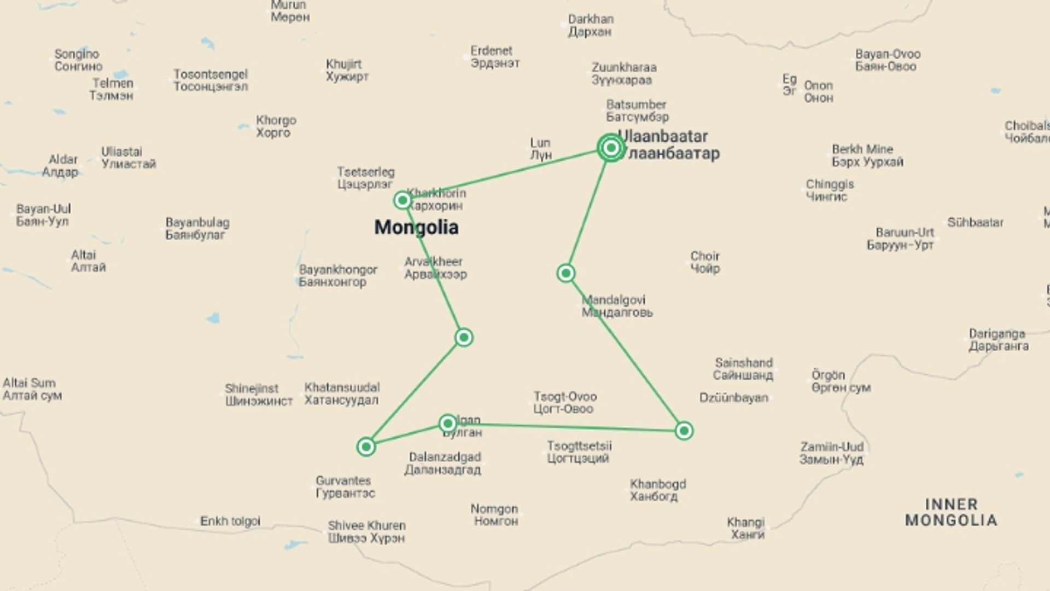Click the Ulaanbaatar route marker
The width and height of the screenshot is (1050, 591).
pyautogui.click(x=611, y=148)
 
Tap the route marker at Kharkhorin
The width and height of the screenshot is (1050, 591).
pyautogui.click(x=402, y=200)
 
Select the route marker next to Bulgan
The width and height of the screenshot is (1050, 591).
pyautogui.click(x=448, y=423)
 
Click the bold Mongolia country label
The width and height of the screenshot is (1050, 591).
pyautogui.click(x=416, y=227)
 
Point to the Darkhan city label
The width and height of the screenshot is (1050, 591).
pyautogui.click(x=590, y=25)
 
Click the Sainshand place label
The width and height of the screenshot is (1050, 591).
pyautogui.click(x=743, y=369)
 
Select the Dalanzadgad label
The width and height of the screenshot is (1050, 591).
pyautogui.click(x=444, y=463)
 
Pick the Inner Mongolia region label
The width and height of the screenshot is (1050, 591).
pyautogui.click(x=951, y=512)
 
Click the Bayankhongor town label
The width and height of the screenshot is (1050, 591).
pyautogui.click(x=337, y=276)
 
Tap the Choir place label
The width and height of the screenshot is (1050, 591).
pyautogui.click(x=705, y=262)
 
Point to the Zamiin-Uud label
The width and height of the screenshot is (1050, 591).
pyautogui.click(x=832, y=453)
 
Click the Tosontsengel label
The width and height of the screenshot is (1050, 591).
pyautogui.click(x=211, y=80)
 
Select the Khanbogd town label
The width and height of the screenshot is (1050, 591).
pyautogui.click(x=657, y=490)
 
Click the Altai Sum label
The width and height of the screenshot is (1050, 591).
pyautogui.click(x=31, y=389)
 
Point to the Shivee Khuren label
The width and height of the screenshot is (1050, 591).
pyautogui.click(x=366, y=531)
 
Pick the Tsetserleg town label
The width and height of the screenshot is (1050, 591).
pyautogui.click(x=365, y=178)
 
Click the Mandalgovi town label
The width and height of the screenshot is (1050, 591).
pyautogui.click(x=616, y=306)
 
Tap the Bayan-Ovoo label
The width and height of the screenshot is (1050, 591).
pyautogui.click(x=888, y=60)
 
